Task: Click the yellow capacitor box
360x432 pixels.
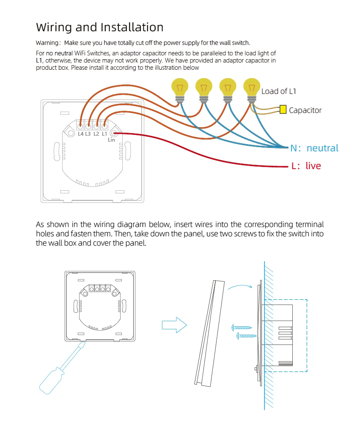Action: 283,110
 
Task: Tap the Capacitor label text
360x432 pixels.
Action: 305,110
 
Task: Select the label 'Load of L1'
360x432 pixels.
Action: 279,91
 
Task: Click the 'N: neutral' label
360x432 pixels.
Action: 314,148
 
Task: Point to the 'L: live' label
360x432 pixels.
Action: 306,166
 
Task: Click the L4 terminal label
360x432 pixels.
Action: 80,134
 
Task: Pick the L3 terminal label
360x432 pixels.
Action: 88,134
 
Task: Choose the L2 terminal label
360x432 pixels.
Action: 96,134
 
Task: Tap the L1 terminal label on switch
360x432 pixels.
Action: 104,134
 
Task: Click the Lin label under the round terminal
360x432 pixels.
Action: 111,140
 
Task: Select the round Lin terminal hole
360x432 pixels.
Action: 114,134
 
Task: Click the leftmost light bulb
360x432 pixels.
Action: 179,88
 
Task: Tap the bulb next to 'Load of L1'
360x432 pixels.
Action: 252,88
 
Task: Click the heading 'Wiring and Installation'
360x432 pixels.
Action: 100,27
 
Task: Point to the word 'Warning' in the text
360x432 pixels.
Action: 47,43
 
